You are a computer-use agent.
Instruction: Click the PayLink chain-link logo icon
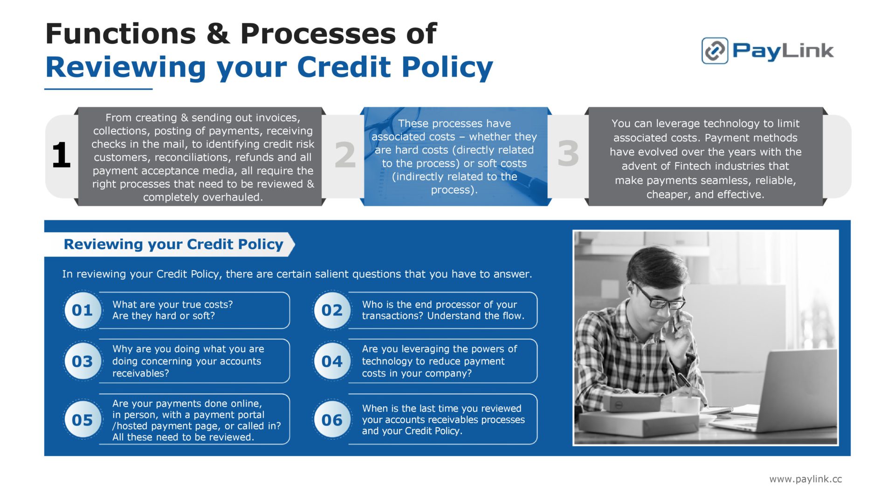pyautogui.click(x=715, y=50)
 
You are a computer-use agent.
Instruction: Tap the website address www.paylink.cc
pyautogui.click(x=805, y=479)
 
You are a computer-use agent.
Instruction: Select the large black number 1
pyautogui.click(x=61, y=155)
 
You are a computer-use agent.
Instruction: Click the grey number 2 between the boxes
pyautogui.click(x=345, y=154)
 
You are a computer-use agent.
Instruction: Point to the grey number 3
pyautogui.click(x=568, y=154)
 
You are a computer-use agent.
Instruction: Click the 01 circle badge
pyautogui.click(x=83, y=310)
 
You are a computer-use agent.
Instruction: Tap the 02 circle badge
pyautogui.click(x=332, y=310)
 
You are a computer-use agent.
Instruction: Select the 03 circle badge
pyautogui.click(x=83, y=361)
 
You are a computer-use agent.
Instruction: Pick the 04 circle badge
pyautogui.click(x=332, y=361)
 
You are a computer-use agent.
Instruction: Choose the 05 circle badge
pyautogui.click(x=83, y=420)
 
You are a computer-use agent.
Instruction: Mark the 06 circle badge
pyautogui.click(x=332, y=420)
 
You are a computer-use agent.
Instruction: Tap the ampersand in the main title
pyautogui.click(x=218, y=34)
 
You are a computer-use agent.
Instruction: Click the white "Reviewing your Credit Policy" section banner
pyautogui.click(x=170, y=244)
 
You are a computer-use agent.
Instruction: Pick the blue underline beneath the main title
pyautogui.click(x=98, y=89)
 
